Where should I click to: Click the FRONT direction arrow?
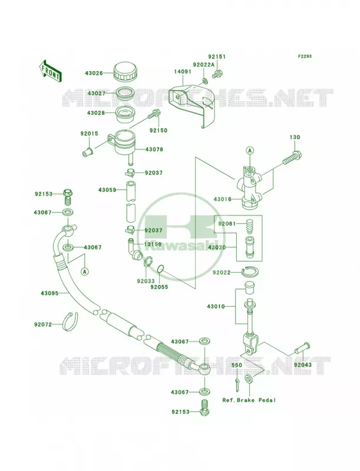tap(50, 71)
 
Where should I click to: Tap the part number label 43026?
tap(94, 73)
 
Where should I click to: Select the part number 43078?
tap(154, 150)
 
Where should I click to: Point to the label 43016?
tap(223, 199)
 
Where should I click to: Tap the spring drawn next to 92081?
tap(250, 227)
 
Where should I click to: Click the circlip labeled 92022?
tap(250, 271)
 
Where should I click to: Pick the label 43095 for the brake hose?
tap(50, 293)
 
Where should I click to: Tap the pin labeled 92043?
tap(302, 349)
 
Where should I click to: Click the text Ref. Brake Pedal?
tap(249, 400)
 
